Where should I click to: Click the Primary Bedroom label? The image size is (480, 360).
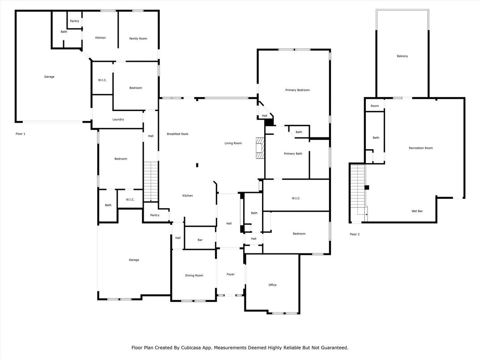pyautogui.click(x=297, y=90)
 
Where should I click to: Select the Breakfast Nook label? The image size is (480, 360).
pyautogui.click(x=177, y=134)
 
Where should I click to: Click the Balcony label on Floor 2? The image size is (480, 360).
pyautogui.click(x=402, y=56)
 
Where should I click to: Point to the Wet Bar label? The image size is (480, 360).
pyautogui.click(x=417, y=211)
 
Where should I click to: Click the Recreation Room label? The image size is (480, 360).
pyautogui.click(x=420, y=148)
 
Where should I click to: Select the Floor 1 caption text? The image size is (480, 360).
pyautogui.click(x=21, y=134)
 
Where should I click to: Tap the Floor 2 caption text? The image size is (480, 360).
pyautogui.click(x=355, y=234)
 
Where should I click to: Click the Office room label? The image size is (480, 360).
pyautogui.click(x=272, y=285)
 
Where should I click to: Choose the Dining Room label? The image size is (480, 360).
pyautogui.click(x=194, y=275)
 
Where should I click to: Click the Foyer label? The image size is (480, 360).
pyautogui.click(x=230, y=274)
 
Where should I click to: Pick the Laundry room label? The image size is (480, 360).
pyautogui.click(x=118, y=120)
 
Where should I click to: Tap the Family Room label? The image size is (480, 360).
pyautogui.click(x=138, y=39)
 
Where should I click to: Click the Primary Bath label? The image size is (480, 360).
pyautogui.click(x=293, y=154)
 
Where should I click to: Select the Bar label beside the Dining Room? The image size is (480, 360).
pyautogui.click(x=200, y=240)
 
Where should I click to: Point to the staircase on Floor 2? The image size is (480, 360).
pyautogui.click(x=358, y=190)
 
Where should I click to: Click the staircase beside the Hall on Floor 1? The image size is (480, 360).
pyautogui.click(x=151, y=181)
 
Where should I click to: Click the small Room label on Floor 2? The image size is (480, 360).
pyautogui.click(x=374, y=106)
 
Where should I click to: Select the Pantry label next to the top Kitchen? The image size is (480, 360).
pyautogui.click(x=74, y=21)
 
